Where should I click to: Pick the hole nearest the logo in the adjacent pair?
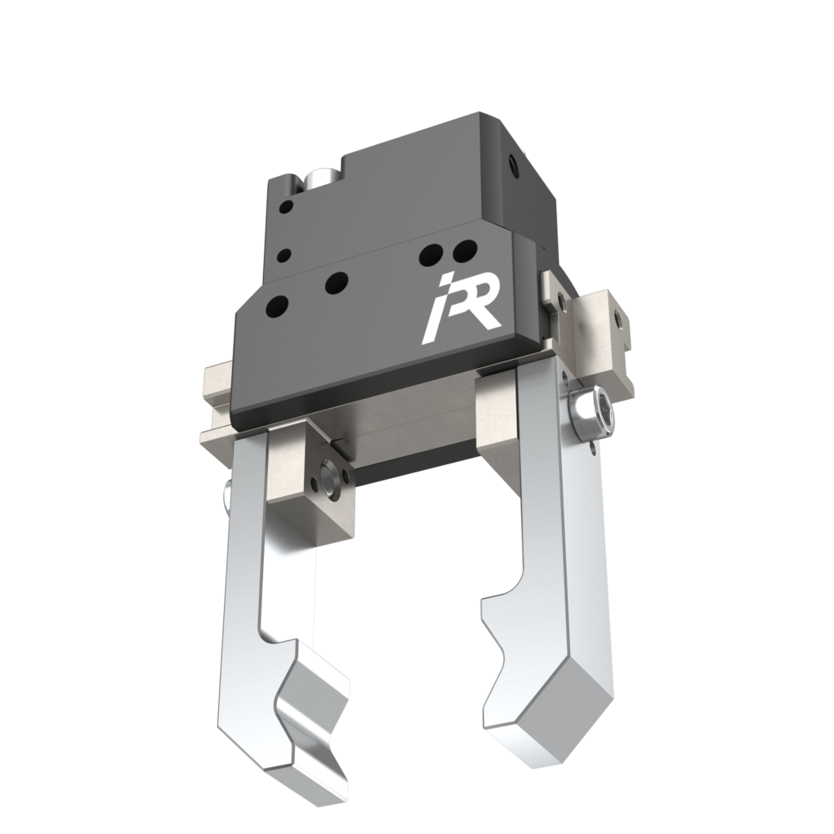[463, 248]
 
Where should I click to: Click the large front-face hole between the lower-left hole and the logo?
[335, 283]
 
